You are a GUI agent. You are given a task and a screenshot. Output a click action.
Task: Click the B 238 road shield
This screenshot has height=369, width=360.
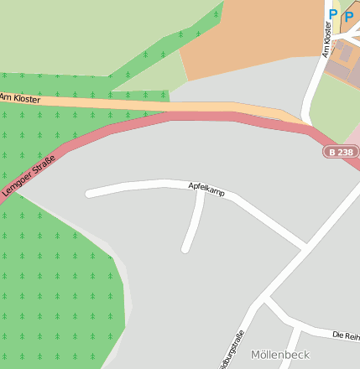click(342, 152)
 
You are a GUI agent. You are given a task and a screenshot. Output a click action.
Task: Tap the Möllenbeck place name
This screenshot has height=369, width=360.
click(279, 355)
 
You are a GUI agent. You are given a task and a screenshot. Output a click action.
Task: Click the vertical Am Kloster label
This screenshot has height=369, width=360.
click(327, 39)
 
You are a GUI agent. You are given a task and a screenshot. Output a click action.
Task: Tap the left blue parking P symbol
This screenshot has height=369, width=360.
click(332, 14)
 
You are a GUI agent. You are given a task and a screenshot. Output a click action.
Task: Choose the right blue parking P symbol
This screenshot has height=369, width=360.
click(348, 15)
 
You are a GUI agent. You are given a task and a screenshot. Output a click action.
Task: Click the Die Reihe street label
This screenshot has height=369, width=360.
click(346, 335)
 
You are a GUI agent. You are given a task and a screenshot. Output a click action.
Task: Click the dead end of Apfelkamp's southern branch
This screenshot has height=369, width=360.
click(185, 249)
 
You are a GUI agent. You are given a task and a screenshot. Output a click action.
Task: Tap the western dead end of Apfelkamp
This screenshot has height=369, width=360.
click(89, 194)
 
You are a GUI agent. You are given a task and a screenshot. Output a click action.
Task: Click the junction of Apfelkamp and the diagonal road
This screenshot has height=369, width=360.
click(304, 247)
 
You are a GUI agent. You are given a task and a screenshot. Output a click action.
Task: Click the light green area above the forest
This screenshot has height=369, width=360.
click(84, 34)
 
